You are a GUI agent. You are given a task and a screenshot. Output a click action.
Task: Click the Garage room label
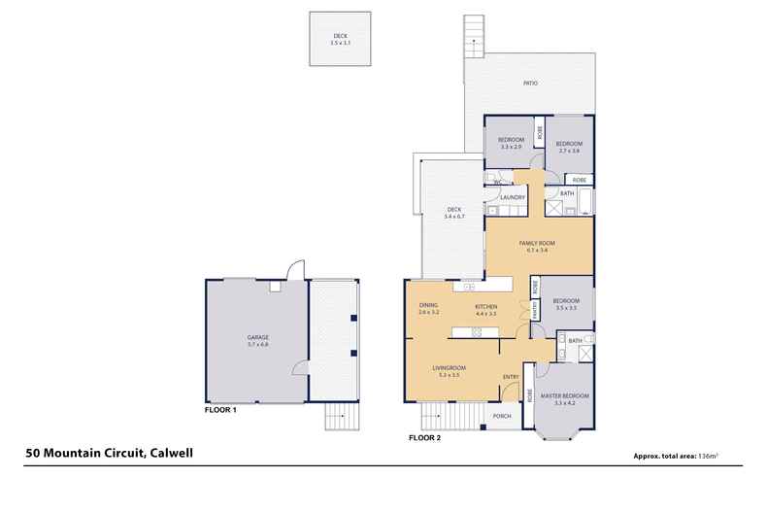pos(257,337)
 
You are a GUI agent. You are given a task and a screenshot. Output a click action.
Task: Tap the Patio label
pos(530,84)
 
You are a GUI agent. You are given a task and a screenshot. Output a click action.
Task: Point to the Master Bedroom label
pos(564,394)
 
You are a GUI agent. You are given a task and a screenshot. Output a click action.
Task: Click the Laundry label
pos(513,198)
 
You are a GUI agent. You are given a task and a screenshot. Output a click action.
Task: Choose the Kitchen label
pos(485,306)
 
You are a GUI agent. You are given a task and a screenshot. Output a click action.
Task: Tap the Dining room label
pos(428,306)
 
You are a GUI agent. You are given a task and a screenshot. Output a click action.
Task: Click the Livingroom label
pos(448,367)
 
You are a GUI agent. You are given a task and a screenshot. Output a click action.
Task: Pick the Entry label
pos(511,377)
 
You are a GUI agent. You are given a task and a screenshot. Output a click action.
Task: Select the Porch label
pos(502,416)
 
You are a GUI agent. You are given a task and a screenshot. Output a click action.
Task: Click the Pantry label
pos(524,309)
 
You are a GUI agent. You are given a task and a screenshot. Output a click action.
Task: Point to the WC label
pos(496,181)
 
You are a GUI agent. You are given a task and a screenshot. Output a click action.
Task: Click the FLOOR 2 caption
pos(424,438)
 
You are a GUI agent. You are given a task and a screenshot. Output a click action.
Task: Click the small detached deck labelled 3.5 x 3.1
pos(339,40)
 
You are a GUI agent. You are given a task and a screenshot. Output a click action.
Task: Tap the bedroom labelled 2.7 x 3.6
pos(568,147)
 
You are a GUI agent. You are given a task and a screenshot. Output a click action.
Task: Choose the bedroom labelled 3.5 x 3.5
pos(566,304)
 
